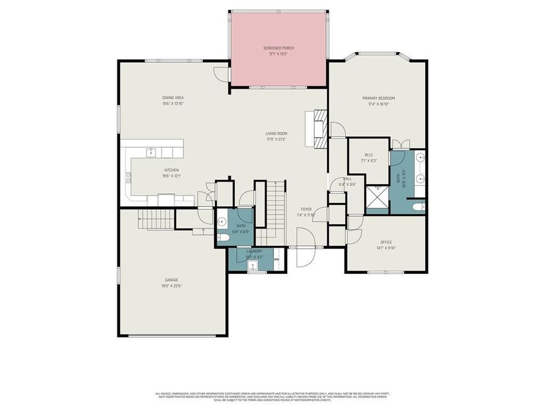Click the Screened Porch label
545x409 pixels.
pos(278,48)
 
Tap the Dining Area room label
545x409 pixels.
pos(173,98)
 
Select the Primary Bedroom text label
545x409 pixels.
pos(378,98)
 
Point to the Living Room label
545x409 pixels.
pos(276,133)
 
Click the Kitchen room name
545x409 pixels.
pos(171,170)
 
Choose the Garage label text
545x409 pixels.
pos(171,280)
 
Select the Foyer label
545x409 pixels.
pos(306,209)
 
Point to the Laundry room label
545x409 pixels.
pos(254,251)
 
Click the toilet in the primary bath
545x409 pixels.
pos(417,207)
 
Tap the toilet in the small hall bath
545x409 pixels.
pos(222,238)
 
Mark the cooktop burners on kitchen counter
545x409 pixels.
pos(128,177)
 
